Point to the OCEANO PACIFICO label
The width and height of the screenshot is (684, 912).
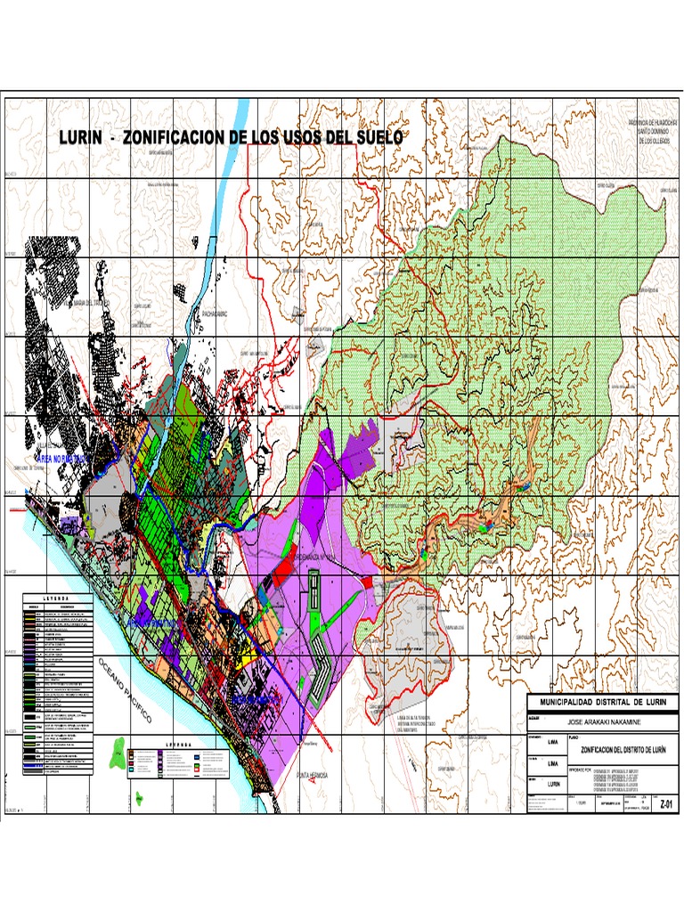(x=126, y=691)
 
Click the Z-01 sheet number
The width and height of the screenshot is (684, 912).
(x=663, y=802)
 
